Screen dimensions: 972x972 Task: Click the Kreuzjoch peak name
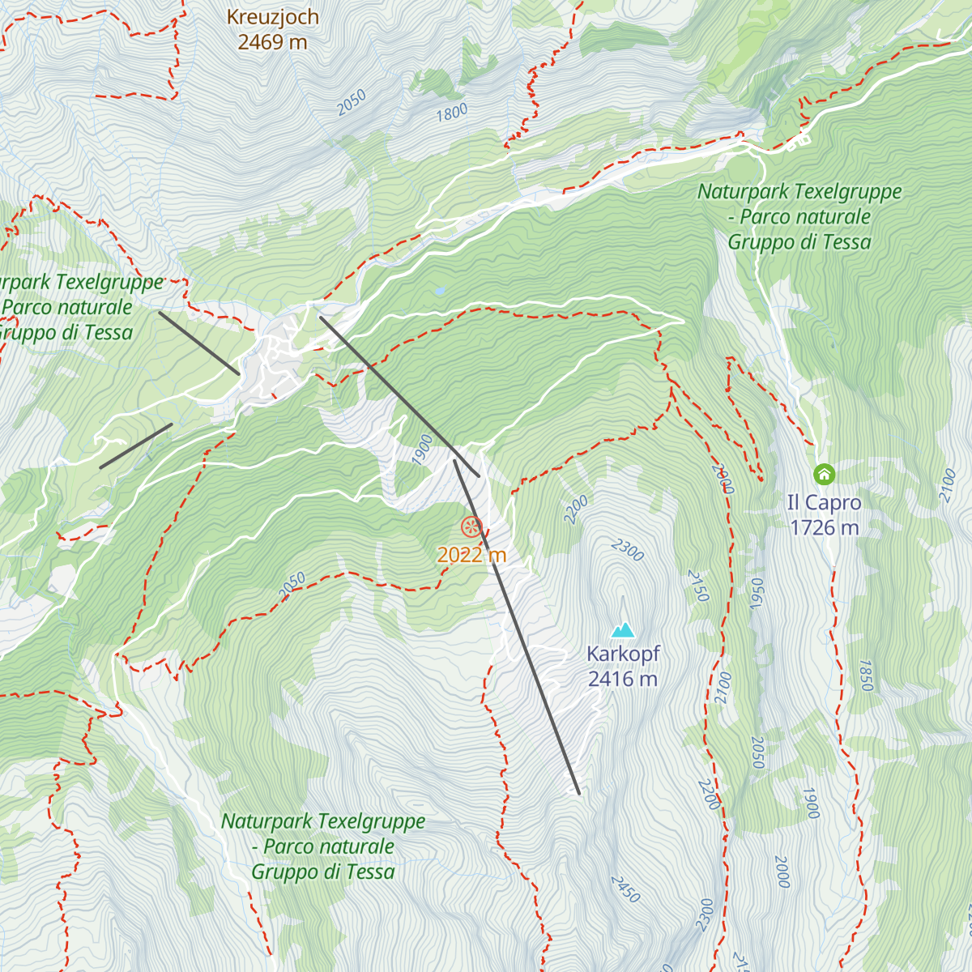[272, 17]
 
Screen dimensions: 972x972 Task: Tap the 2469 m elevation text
[272, 42]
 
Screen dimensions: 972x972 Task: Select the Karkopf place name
[623, 654]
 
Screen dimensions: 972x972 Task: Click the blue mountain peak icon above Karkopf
[623, 629]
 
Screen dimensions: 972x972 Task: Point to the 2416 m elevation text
[623, 679]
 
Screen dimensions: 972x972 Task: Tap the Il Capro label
[824, 502]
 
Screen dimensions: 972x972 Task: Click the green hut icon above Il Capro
[824, 473]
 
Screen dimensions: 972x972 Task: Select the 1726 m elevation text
[824, 527]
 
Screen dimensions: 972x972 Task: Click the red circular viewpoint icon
[471, 527]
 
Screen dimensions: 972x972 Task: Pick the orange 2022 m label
[471, 555]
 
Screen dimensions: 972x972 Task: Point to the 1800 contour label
[452, 112]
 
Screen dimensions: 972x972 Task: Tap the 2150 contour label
[698, 586]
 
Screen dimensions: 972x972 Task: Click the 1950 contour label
[757, 595]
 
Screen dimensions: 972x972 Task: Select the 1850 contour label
[865, 676]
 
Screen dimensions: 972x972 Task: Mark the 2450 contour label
[625, 889]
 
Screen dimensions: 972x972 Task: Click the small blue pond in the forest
[439, 289]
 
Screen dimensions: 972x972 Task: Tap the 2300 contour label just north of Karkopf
[628, 550]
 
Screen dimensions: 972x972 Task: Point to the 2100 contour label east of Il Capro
[948, 486]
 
